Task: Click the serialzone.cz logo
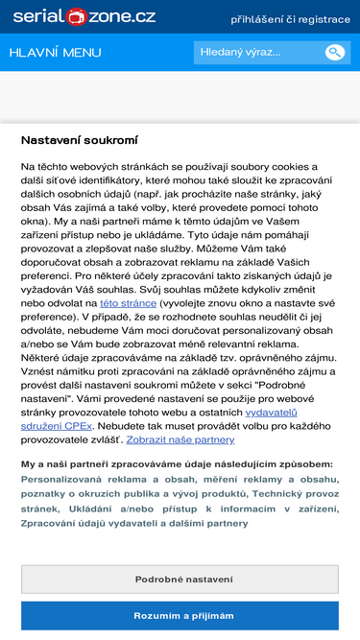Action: tap(82, 17)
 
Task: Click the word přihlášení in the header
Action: tap(260, 19)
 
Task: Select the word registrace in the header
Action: tap(324, 19)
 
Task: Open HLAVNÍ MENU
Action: tap(55, 52)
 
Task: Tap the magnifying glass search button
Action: tap(334, 52)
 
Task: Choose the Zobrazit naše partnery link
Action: tap(180, 439)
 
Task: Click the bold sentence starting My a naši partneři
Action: tap(177, 463)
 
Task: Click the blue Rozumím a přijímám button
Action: tap(180, 616)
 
